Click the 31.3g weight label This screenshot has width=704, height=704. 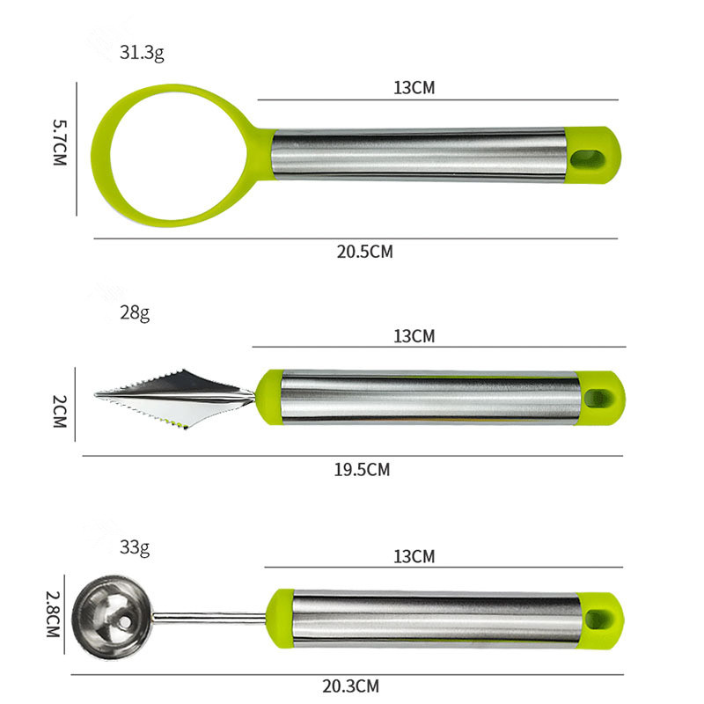[142, 52]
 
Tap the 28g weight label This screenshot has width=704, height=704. [135, 312]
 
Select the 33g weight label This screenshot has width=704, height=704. [135, 547]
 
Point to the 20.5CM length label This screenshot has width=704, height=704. [364, 252]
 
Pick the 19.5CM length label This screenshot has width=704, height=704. [362, 469]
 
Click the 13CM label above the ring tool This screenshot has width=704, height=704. [414, 88]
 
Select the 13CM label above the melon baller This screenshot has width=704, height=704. [414, 556]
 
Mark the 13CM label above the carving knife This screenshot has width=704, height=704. [414, 335]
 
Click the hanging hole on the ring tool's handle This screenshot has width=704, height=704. [583, 158]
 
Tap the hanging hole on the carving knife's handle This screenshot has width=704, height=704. [600, 397]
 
